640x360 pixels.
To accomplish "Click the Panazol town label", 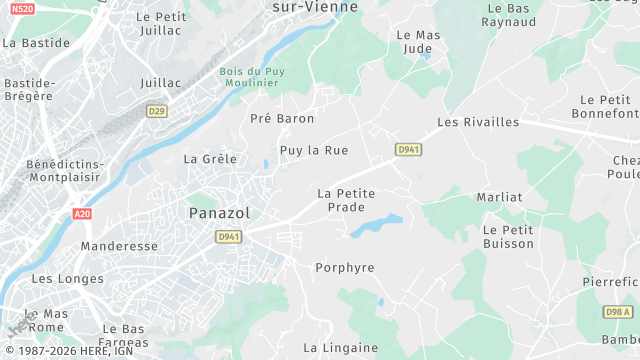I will point(219,212).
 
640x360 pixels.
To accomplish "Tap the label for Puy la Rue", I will point(314,150).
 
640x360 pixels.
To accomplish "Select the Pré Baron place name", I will point(282,118).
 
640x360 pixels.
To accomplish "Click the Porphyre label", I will point(344,268).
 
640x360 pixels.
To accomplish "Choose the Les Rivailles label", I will point(478,122).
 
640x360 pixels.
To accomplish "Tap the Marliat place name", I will point(500,197).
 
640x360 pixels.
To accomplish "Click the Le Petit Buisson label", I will point(508,236).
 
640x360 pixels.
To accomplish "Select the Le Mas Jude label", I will point(419,41).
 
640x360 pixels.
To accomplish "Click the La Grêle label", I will point(210,158).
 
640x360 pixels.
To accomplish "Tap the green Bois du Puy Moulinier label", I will point(253,78).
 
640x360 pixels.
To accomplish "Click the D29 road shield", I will point(156,111).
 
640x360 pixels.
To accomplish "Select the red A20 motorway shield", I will point(82,214).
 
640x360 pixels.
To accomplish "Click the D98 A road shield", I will point(618,312).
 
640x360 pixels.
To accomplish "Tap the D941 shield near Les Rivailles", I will point(407,150).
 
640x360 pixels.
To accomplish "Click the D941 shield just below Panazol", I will point(228,237).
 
